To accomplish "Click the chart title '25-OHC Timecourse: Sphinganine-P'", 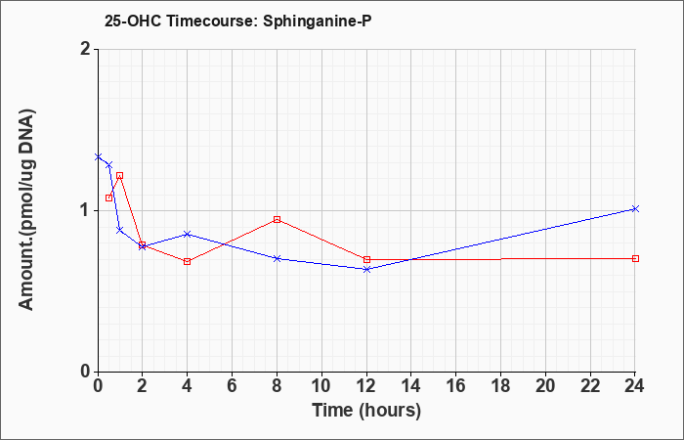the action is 238,22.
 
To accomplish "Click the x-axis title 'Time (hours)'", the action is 366,411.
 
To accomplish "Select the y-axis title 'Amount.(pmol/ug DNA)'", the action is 27,210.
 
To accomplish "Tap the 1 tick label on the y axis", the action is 86,211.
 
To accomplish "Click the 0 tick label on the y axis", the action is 86,372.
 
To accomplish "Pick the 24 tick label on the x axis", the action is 635,386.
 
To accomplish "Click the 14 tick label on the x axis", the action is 411,386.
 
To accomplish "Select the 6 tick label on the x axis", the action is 232,386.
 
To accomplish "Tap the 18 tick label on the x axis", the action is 500,386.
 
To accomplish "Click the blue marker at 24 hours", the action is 635,208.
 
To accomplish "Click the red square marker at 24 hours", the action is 635,258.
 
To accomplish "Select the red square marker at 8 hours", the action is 277,219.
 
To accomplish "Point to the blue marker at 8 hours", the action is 277,258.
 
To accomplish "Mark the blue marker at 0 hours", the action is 98,156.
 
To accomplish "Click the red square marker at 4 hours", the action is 188,261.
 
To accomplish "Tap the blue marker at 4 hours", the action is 188,234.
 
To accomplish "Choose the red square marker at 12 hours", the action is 366,259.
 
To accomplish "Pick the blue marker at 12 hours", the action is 366,269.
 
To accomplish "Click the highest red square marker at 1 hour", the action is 119,175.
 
